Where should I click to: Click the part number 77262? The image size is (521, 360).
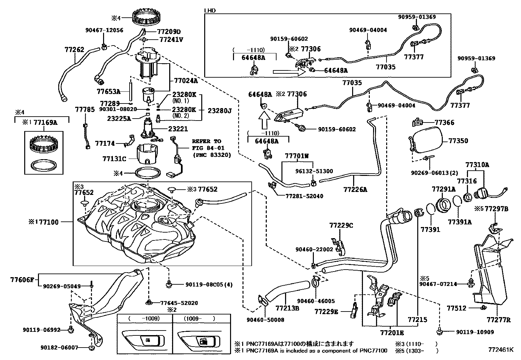pos(74,50)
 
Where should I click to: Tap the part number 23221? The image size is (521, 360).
pos(178,129)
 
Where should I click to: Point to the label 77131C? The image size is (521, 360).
pos(114,159)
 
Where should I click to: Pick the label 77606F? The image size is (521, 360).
pos(22,280)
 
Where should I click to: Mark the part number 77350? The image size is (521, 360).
pos(458,141)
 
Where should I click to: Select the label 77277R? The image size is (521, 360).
pos(498,320)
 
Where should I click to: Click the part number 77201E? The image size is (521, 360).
pos(392,333)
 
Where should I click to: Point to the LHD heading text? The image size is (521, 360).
pos(210,10)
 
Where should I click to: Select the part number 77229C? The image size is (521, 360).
pos(341,225)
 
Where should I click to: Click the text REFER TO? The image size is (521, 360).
pos(207,142)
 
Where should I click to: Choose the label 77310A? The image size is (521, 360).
pos(477,165)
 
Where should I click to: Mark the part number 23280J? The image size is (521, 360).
pos(220,111)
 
